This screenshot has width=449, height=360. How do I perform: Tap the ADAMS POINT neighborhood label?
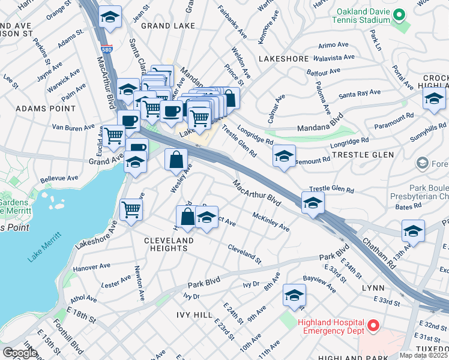(x=46, y=109)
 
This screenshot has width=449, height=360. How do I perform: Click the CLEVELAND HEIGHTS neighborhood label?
(x=160, y=244)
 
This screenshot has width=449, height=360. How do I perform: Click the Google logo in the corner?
(x=20, y=353)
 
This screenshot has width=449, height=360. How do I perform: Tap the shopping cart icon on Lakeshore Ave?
(x=131, y=209)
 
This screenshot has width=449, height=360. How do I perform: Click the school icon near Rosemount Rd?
(x=284, y=156)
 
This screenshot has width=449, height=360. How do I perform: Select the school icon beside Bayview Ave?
(x=294, y=295)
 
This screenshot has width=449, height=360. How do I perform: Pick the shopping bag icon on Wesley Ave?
(x=176, y=160)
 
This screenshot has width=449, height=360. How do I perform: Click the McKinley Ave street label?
(x=271, y=222)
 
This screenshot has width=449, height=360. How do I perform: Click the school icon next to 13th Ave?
(x=412, y=230)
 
